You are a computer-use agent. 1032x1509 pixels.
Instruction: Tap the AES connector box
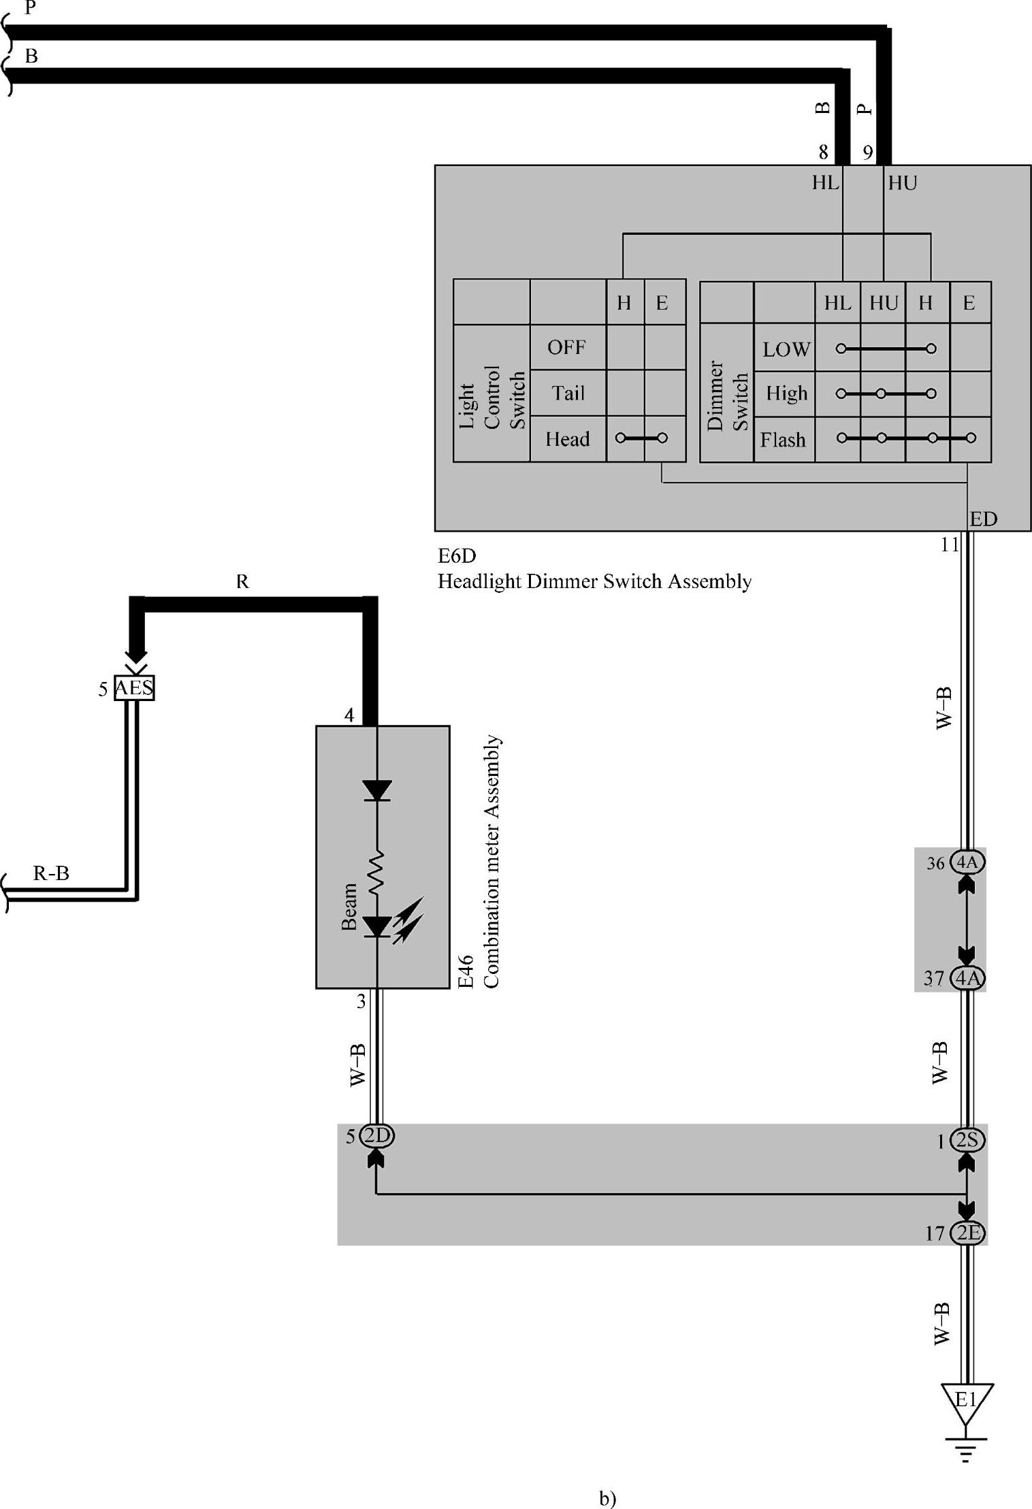click(x=134, y=688)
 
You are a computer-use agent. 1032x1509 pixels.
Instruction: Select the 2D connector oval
click(x=376, y=1135)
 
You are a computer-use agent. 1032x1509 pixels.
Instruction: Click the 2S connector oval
click(x=967, y=1140)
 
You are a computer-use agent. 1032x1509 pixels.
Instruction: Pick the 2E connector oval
click(x=967, y=1233)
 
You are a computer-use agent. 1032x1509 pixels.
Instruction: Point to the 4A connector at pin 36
click(x=967, y=862)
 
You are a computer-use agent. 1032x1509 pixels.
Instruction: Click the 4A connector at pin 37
click(x=967, y=978)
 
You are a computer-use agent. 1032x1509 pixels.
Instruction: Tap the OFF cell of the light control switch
click(x=566, y=347)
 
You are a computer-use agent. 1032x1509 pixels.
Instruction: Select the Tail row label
click(x=568, y=393)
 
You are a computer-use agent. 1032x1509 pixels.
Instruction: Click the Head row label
click(x=567, y=439)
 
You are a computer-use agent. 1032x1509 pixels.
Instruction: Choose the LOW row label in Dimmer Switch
click(x=786, y=349)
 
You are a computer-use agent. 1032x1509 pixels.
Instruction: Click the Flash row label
click(x=783, y=440)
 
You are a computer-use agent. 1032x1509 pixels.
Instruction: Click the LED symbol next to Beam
click(x=377, y=926)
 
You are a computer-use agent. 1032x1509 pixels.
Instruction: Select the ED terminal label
click(x=983, y=519)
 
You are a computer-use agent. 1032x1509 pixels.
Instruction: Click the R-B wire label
click(x=51, y=873)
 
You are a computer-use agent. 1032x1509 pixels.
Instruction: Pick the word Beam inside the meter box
click(x=349, y=906)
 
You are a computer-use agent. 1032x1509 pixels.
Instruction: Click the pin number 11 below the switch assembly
click(x=949, y=545)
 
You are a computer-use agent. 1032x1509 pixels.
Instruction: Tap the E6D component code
click(x=457, y=556)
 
